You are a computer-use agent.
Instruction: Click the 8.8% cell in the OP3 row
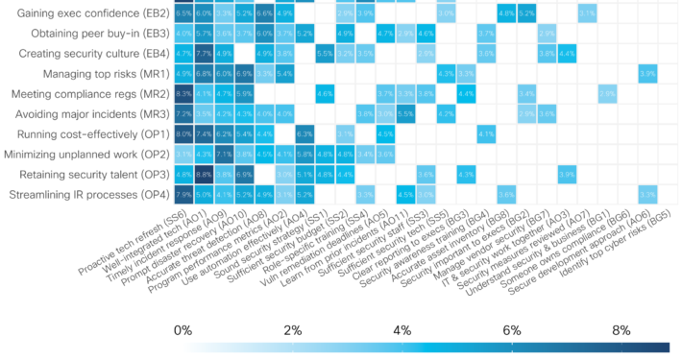tap(204, 175)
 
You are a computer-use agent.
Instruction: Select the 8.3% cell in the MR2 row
tap(183, 94)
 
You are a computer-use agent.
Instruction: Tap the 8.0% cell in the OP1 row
tap(183, 134)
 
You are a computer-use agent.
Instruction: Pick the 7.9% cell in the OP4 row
tap(183, 195)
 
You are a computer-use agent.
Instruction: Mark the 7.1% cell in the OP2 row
tap(224, 155)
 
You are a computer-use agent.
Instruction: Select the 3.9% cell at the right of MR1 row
tap(647, 74)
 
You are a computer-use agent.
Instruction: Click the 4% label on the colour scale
tap(402, 329)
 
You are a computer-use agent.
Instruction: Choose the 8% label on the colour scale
tap(621, 329)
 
